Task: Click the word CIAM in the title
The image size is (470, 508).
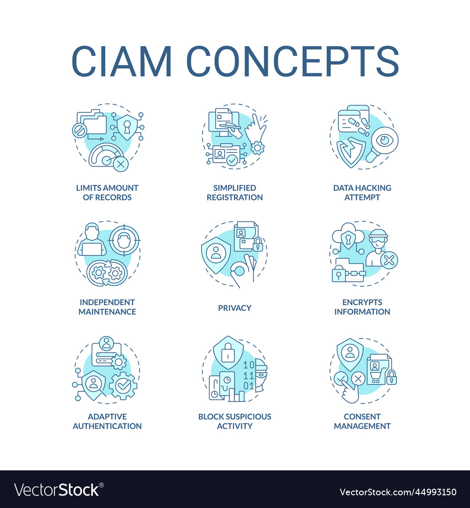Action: point(121,61)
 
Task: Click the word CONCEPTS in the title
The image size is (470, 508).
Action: point(293,61)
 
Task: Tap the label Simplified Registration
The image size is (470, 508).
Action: point(235,192)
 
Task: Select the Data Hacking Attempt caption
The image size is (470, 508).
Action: point(362,192)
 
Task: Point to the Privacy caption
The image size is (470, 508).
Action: point(235,308)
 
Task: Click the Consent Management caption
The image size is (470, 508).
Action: point(362,421)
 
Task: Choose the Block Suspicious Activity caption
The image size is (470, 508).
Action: point(235,421)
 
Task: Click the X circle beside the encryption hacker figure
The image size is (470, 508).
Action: point(389,260)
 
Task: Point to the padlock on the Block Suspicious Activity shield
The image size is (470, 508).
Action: point(228,352)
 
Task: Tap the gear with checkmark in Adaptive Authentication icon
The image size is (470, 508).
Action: point(123,385)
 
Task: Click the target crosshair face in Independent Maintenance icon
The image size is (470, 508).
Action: point(124,240)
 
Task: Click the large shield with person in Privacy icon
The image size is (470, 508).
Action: point(216,255)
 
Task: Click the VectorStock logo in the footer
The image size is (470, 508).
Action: point(59,490)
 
